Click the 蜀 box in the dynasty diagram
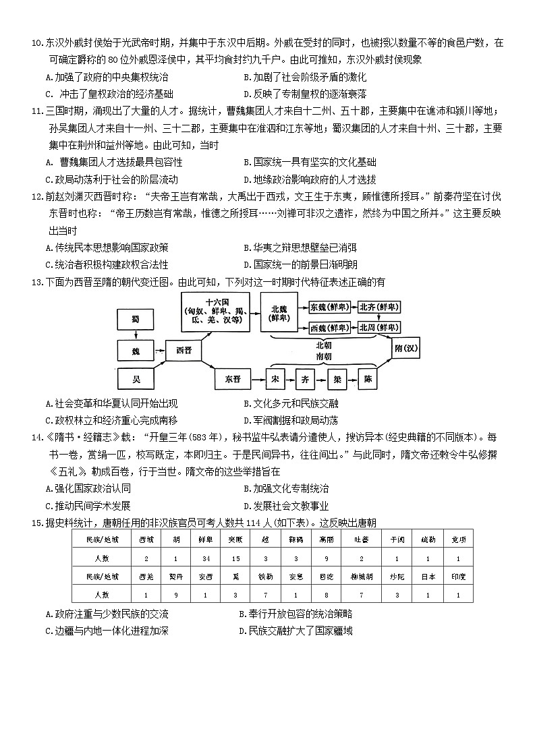pyautogui.click(x=136, y=318)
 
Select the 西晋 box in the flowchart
pyautogui.click(x=184, y=349)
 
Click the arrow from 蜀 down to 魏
pyautogui.click(x=136, y=334)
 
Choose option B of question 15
pyautogui.click(x=295, y=614)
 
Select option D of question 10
pyautogui.click(x=305, y=94)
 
